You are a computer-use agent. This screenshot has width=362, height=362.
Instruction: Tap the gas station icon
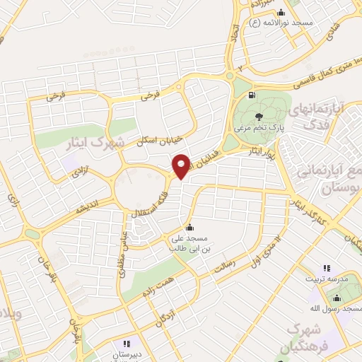[251, 93]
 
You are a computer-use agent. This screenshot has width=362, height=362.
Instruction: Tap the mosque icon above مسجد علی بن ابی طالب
[189, 227]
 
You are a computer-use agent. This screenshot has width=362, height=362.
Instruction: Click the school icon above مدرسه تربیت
[327, 269]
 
